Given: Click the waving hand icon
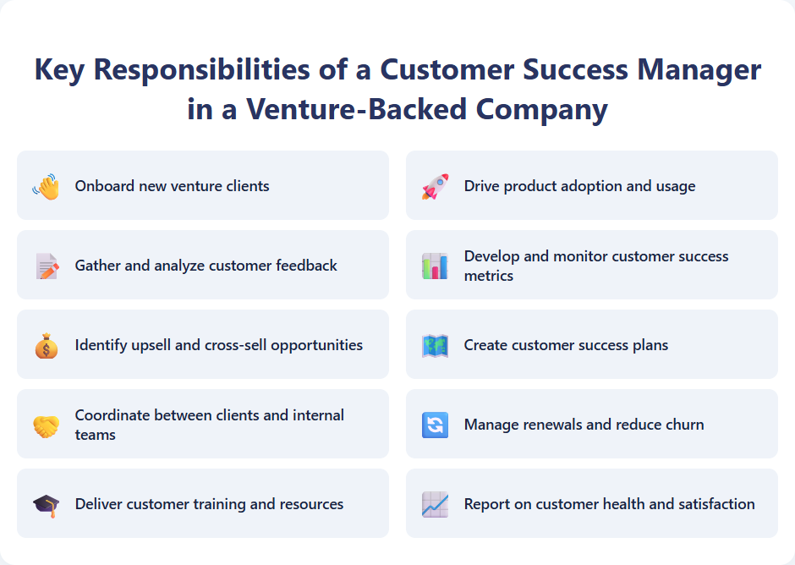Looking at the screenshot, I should click(x=47, y=186).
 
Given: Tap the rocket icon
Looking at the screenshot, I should click(x=435, y=186).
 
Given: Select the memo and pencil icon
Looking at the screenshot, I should click(x=47, y=266).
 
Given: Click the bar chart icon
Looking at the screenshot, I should click(x=435, y=266).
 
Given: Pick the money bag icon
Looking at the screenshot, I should click(x=47, y=345).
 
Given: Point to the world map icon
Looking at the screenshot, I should click(x=435, y=345).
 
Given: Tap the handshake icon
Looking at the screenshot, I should click(x=47, y=425).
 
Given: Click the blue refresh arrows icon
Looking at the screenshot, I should click(x=435, y=425).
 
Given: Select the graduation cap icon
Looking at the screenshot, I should click(x=47, y=504).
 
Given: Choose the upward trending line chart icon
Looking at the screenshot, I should click(x=435, y=504).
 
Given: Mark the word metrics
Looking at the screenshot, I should click(x=489, y=276).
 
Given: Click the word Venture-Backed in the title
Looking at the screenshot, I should click(x=356, y=110).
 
